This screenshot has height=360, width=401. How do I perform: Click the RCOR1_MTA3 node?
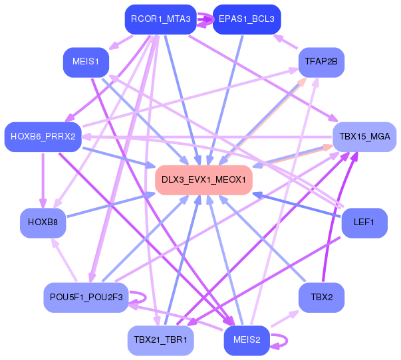pyautogui.click(x=161, y=19)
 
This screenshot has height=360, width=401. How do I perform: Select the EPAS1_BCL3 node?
pyautogui.click(x=247, y=19)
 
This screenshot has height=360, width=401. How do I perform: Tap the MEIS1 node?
pyautogui.click(x=86, y=62)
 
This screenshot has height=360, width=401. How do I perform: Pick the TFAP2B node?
pyautogui.click(x=321, y=62)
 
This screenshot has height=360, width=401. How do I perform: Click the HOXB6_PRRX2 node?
pyautogui.click(x=43, y=137)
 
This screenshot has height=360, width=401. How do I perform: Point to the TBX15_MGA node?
pyautogui.click(x=364, y=137)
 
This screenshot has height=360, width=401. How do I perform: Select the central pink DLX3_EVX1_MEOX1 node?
pyautogui.click(x=203, y=180)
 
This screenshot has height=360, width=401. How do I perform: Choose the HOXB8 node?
pyautogui.click(x=43, y=223)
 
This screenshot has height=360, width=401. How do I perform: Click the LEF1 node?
pyautogui.click(x=364, y=223)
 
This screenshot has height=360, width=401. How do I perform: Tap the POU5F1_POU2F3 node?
pyautogui.click(x=86, y=298)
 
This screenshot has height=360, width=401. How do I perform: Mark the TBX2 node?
pyautogui.click(x=321, y=298)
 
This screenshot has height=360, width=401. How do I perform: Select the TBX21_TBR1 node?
pyautogui.click(x=161, y=341)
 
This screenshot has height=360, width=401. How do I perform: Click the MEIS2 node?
pyautogui.click(x=247, y=341)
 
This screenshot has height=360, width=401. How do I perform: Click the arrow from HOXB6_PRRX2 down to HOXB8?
pyautogui.click(x=43, y=180)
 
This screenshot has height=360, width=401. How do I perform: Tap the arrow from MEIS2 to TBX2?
pyautogui.click(x=285, y=319)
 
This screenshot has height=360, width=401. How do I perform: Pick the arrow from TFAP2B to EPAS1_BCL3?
pyautogui.click(x=286, y=41)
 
